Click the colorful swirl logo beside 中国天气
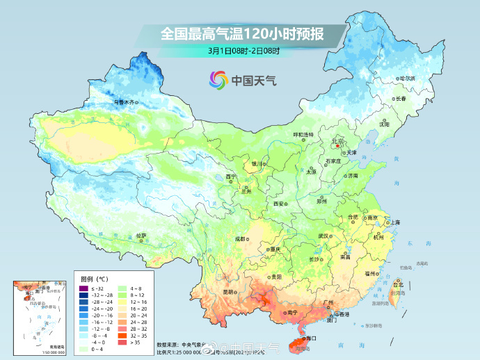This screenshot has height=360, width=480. [x=218, y=81]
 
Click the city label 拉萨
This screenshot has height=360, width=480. [x=141, y=236]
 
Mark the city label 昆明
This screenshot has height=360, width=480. [x=228, y=292]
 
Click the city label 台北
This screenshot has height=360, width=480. [x=398, y=284]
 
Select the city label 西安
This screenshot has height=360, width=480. [x=279, y=204]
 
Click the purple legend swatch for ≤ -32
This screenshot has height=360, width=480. [x=82, y=288]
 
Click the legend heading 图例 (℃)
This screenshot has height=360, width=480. [x=95, y=279]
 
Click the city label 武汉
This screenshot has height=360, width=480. [x=323, y=236]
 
